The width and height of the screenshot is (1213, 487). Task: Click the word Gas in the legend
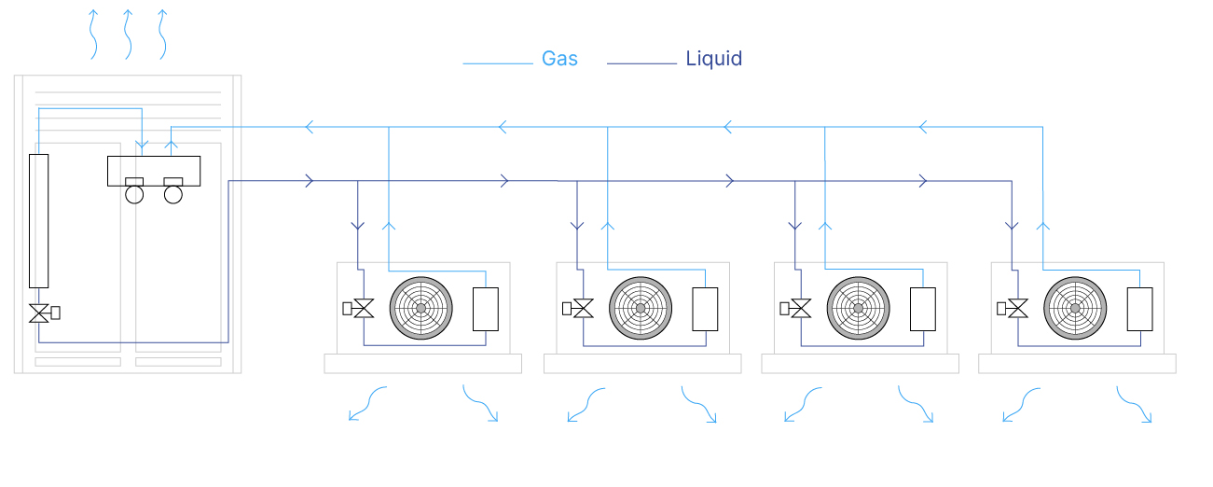coord(559,59)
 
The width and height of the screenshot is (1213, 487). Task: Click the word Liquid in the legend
coord(713,59)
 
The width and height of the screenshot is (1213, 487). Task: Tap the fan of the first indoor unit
coord(420,308)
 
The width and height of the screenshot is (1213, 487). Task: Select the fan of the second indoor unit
coord(641,308)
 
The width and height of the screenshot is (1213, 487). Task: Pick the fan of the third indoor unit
coord(859,308)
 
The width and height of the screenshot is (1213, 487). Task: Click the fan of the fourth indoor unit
coord(1075,308)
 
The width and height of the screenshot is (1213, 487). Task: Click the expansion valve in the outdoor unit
coord(39,313)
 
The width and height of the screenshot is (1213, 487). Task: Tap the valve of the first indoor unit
coord(364,309)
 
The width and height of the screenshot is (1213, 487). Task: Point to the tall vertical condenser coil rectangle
coord(38,220)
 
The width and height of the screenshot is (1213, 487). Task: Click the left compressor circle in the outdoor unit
coord(134,194)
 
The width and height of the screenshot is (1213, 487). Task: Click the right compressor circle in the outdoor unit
coord(173,194)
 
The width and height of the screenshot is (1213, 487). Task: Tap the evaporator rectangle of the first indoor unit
coord(486,309)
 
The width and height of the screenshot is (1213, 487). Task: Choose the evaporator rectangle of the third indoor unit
coord(923,309)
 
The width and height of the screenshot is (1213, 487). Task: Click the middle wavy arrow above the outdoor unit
coord(128,35)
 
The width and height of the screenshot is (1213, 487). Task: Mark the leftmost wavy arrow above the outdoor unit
coord(93,35)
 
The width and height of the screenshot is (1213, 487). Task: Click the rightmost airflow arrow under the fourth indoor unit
coord(1135,405)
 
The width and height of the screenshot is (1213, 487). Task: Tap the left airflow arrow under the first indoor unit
coord(366,403)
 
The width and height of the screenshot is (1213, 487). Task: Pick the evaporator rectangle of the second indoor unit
coord(705,309)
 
